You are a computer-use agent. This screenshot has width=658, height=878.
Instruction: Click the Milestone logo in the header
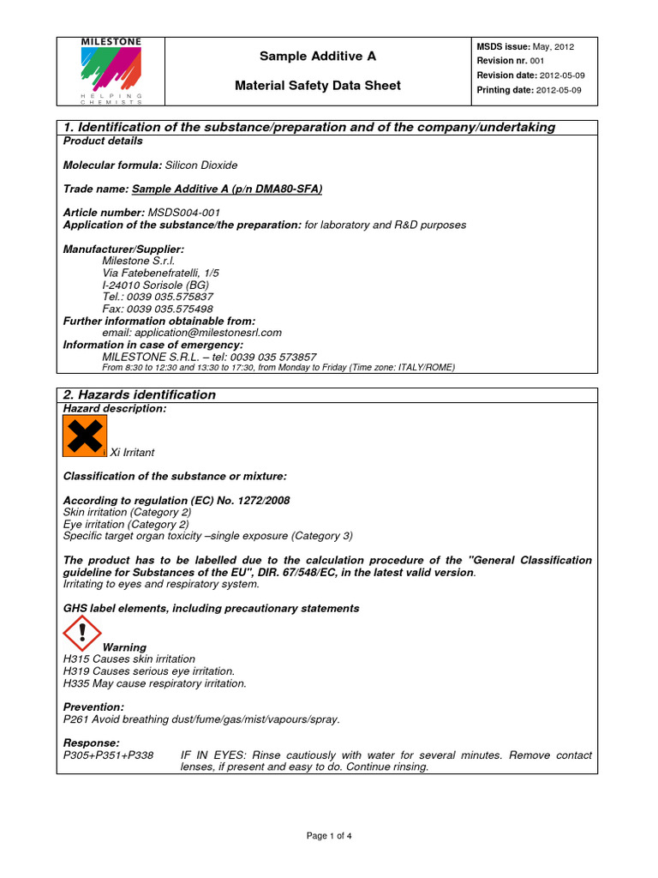(111, 69)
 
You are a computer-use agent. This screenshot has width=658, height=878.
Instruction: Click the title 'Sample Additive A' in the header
(318, 57)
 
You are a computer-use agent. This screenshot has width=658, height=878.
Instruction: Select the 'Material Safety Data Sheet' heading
(318, 86)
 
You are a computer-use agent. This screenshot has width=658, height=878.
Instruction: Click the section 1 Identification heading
(309, 128)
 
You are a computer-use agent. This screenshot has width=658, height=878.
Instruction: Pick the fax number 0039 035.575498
(170, 309)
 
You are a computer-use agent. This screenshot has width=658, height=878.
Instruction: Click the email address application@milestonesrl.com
(192, 333)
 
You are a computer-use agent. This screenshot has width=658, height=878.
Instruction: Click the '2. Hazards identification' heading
(140, 395)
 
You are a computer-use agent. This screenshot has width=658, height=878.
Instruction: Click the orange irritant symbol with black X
(84, 436)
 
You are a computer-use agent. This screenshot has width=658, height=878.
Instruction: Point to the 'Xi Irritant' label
(133, 452)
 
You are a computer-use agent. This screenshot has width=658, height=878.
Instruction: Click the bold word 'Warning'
(124, 647)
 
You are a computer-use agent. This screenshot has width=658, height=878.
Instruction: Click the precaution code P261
(77, 719)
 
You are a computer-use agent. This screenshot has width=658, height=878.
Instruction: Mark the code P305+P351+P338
(109, 755)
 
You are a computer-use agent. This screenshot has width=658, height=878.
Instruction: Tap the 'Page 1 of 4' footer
(329, 836)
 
